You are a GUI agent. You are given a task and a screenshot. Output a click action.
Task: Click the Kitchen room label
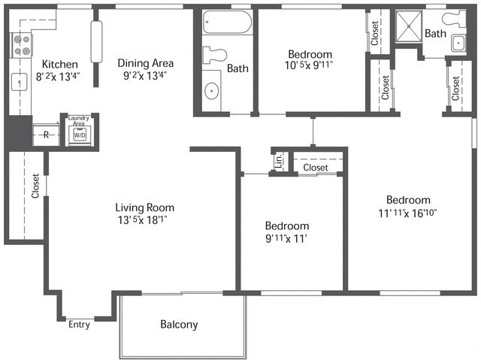pos(60,65)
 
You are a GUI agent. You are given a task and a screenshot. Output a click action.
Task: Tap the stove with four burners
pos(22,45)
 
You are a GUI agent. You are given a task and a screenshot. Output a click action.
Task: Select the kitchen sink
pos(19,82)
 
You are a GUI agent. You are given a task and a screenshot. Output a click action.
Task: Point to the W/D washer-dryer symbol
pos(80,135)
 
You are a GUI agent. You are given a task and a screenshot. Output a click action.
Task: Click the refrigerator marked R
pos(46,135)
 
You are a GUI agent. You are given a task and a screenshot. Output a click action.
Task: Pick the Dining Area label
pos(145,63)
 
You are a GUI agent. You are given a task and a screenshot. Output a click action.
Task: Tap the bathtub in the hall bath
pos(227,22)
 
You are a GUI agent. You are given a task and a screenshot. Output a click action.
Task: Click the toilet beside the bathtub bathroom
pos(214,55)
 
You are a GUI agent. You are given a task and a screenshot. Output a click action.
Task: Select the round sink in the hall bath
pos(212,90)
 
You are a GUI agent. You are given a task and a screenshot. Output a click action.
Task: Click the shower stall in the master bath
pos(409,26)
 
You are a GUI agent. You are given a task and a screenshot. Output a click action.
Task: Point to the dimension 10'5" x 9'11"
pos(309,65)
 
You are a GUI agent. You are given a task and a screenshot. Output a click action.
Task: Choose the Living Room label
pos(145,207)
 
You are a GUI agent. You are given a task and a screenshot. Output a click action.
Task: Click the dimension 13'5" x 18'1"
pos(143,220)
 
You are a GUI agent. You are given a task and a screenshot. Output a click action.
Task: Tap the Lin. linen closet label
pos(279,161)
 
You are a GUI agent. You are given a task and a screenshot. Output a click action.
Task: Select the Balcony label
pos(179,325)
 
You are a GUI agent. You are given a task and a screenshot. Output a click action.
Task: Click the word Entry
pos(79,325)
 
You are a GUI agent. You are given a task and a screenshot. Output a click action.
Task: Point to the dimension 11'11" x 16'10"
pos(407,213)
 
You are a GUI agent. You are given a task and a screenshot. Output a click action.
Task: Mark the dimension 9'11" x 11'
pos(286,238)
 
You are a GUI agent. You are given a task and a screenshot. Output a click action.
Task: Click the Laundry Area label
pos(79,120)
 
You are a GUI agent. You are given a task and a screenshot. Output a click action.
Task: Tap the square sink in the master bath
pos(458,44)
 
